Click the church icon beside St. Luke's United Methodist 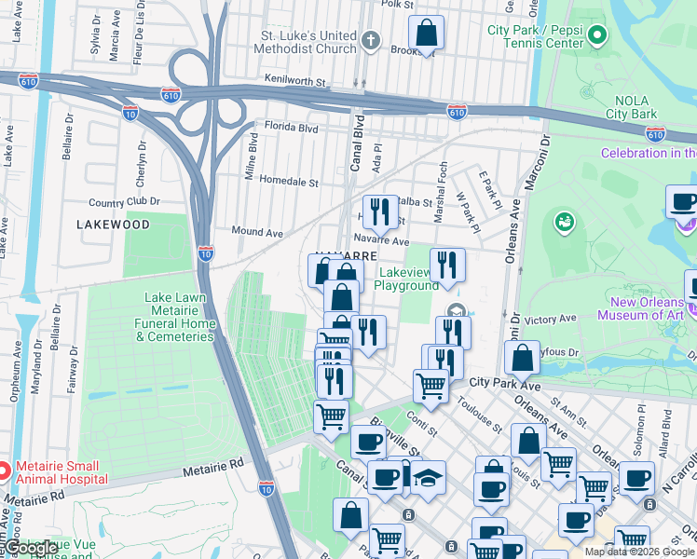pos(371,40)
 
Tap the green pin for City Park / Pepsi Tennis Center pos(597,36)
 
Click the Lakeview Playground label pos(406,279)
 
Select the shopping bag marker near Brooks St pos(426,34)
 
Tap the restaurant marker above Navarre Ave pos(379,211)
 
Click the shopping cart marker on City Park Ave pos(430,384)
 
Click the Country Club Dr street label pos(124,201)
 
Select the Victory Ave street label pos(551,320)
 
